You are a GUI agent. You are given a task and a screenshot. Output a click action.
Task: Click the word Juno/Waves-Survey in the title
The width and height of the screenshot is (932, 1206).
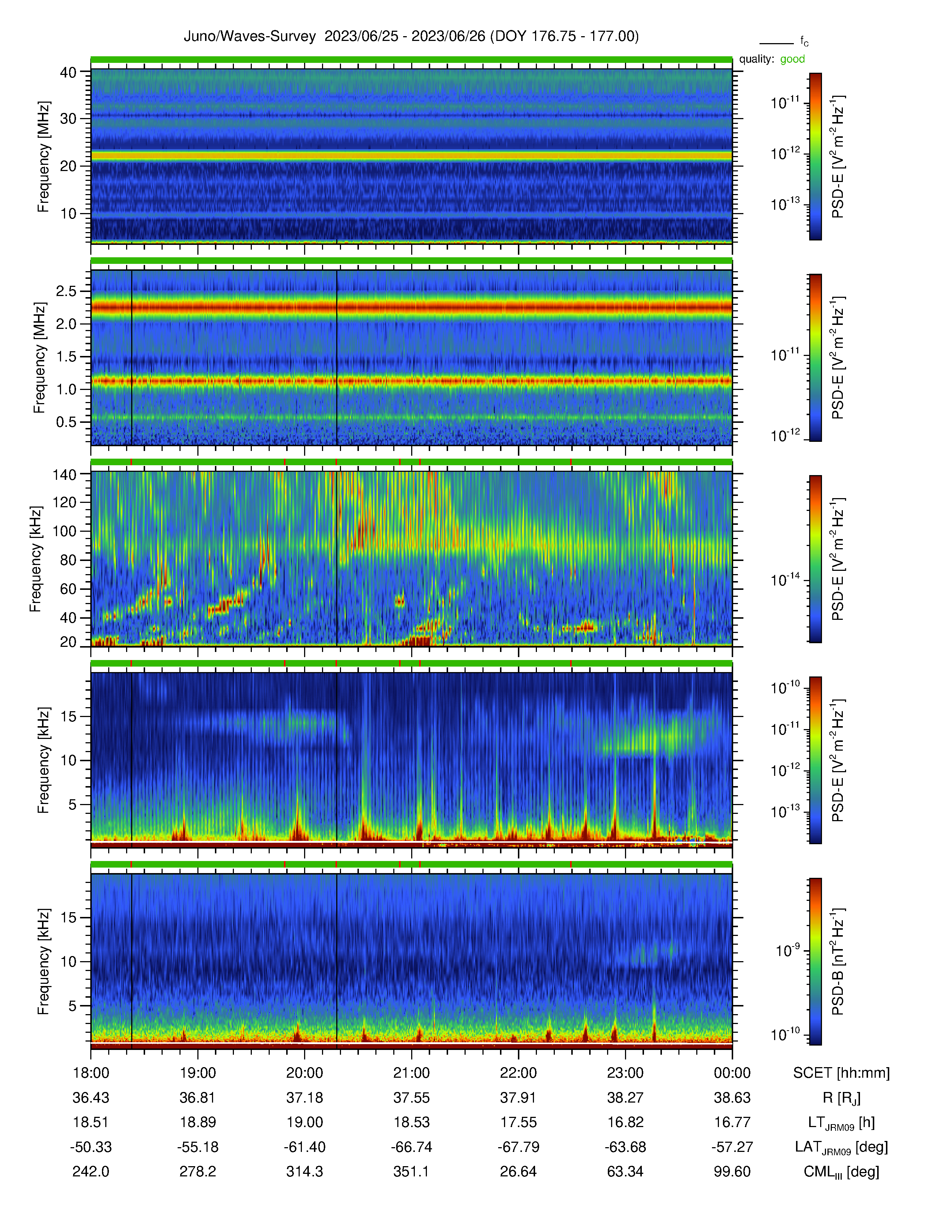(250, 37)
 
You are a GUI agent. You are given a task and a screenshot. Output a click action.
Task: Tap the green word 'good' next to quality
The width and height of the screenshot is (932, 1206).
(792, 60)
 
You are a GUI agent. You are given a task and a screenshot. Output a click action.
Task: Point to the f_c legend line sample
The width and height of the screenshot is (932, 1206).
(776, 43)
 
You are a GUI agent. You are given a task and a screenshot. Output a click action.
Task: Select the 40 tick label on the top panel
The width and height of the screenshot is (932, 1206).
(68, 72)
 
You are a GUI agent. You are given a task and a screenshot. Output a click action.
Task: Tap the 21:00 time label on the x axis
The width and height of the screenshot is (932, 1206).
(411, 1073)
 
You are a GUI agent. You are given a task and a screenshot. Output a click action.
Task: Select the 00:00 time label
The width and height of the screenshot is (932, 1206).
(732, 1073)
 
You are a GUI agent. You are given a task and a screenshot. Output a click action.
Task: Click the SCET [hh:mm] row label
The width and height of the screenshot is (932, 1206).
(841, 1073)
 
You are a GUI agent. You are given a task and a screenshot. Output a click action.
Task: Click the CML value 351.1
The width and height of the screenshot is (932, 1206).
(411, 1172)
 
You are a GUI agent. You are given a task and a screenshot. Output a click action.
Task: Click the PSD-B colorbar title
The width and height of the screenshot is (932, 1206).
(838, 962)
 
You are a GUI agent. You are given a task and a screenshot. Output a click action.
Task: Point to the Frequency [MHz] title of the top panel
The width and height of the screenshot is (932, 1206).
(43, 157)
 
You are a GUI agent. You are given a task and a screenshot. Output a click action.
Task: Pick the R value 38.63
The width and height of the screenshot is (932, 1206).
(732, 1098)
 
